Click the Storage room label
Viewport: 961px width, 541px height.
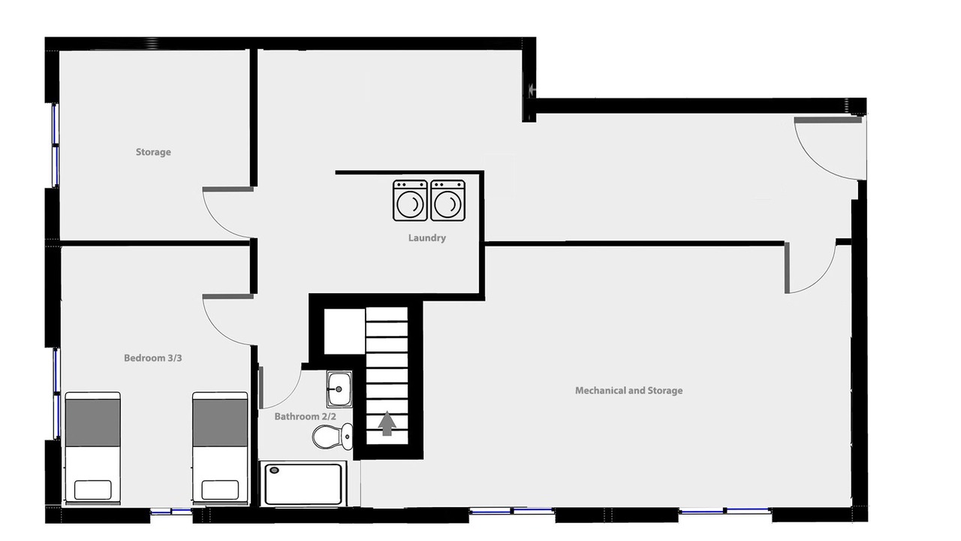click(153, 152)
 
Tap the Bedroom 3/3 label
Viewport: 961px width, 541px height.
click(152, 358)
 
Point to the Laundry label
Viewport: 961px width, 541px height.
click(427, 238)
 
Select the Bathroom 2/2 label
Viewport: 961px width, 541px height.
click(305, 416)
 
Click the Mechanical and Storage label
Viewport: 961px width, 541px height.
click(629, 391)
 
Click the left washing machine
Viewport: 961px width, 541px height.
click(410, 201)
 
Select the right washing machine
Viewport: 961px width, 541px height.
click(448, 201)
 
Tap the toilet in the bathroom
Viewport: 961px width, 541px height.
click(332, 437)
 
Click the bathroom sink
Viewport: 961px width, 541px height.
click(339, 389)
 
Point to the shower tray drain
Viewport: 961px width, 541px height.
click(275, 470)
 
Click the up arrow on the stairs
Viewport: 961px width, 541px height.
click(387, 423)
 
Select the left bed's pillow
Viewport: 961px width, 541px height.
click(92, 490)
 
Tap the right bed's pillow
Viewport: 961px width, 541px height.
click(220, 490)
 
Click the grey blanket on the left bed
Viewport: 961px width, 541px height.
click(92, 423)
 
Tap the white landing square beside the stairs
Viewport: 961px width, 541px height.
click(345, 331)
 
